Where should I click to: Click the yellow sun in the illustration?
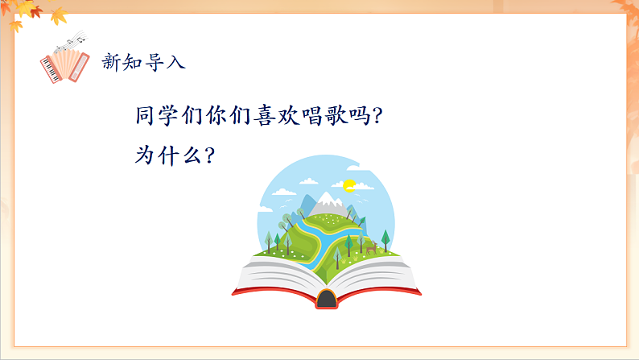click(x=349, y=185)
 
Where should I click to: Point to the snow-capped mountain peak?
click(x=327, y=200)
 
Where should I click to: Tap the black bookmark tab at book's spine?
click(x=326, y=300)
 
